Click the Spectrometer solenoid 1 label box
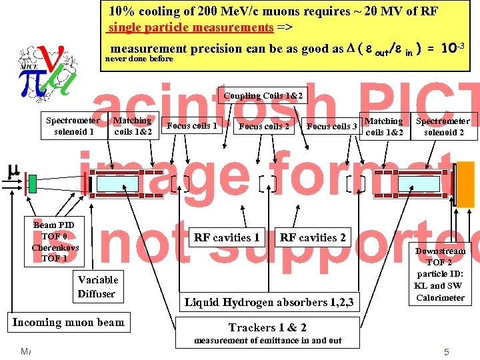pos(74,126)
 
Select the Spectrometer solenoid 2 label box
pos(443,127)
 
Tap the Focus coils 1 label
pos(192,125)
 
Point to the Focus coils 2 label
pos(264,126)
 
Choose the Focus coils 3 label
pos(332,126)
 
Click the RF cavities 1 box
pos(227,237)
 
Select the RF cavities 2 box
pos(313,237)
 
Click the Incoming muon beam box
pos(68,323)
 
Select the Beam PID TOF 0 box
pos(55,241)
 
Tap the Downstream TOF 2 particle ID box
pos(440,274)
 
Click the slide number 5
pos(447,351)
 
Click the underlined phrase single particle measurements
pos(191,27)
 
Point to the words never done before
pos(139,59)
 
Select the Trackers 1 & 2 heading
pos(267,327)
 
